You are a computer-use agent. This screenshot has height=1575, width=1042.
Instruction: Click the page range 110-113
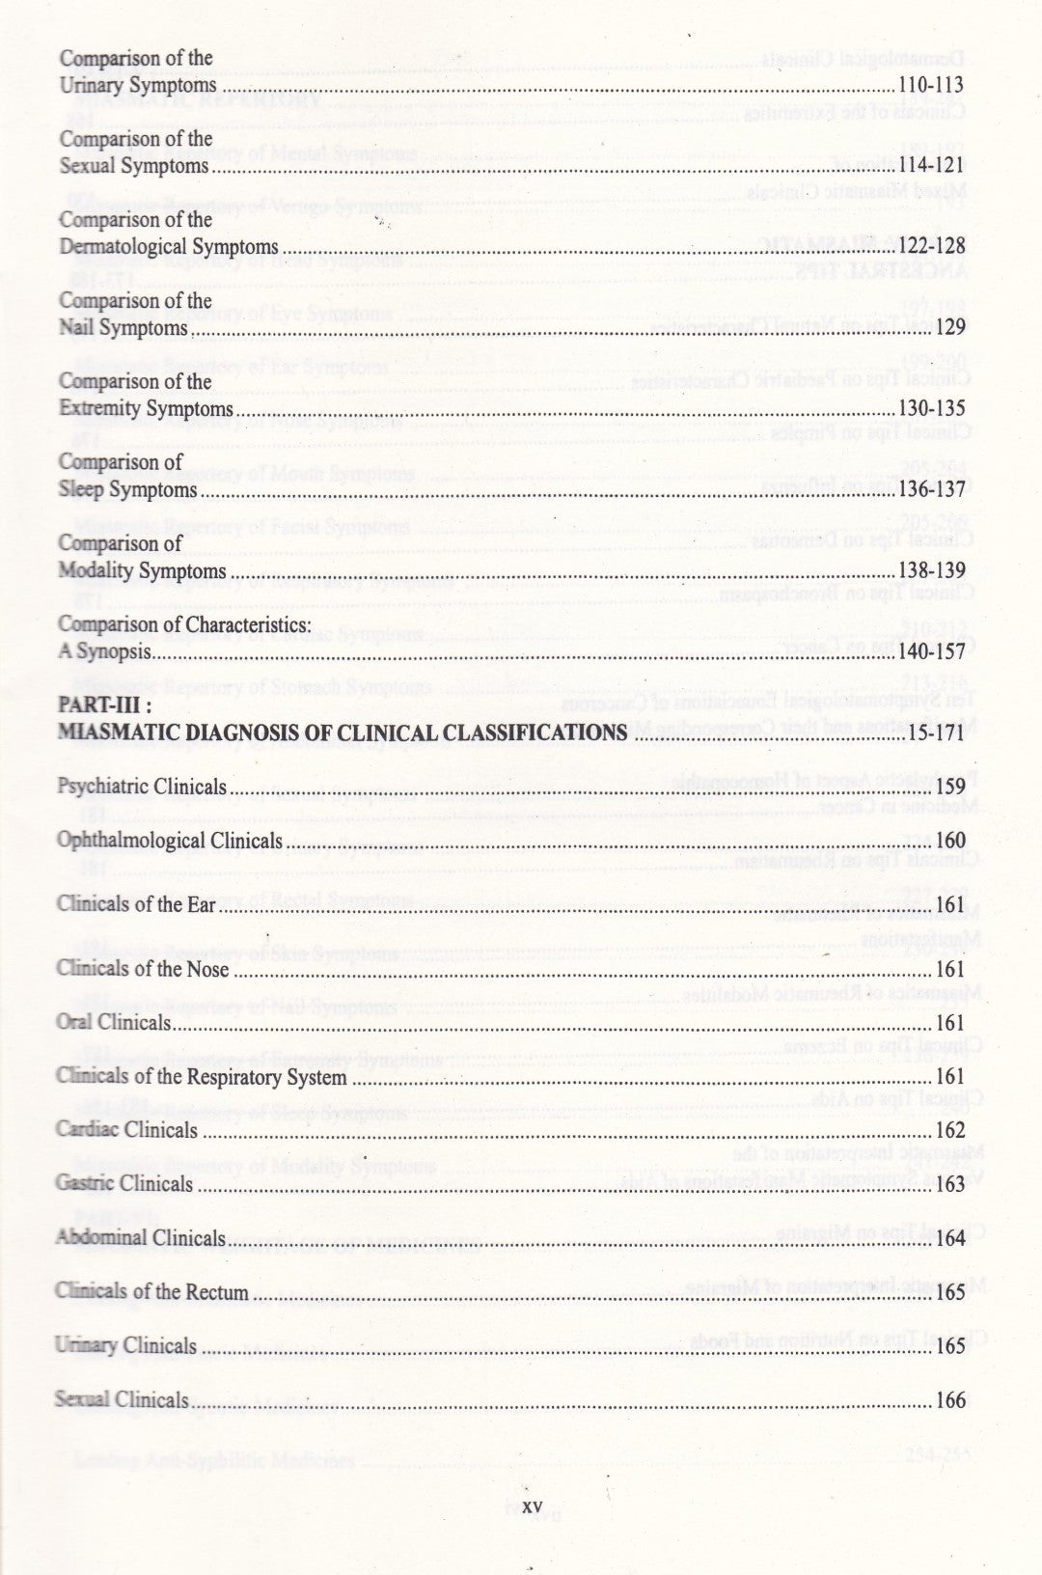(x=930, y=85)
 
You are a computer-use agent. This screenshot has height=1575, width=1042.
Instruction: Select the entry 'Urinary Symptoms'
(x=137, y=86)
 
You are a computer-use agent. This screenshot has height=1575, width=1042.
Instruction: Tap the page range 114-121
(x=930, y=166)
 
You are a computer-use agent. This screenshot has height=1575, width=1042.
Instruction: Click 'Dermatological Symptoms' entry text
(x=168, y=247)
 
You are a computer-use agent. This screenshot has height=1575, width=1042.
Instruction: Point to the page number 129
(x=950, y=328)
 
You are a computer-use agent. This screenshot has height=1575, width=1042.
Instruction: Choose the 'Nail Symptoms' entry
(x=123, y=328)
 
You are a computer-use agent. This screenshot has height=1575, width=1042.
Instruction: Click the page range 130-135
(x=930, y=409)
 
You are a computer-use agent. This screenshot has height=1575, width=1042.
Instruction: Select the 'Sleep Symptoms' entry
(x=127, y=490)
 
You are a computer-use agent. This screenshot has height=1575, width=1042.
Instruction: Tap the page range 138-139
(x=930, y=571)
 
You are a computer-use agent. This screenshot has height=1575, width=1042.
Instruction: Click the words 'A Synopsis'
(x=104, y=652)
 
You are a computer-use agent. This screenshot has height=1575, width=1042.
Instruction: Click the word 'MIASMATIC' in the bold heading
(x=120, y=732)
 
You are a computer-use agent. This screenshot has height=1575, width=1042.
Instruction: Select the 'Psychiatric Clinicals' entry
(x=142, y=787)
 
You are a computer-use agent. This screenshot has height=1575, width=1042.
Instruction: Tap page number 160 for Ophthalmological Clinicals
(x=950, y=842)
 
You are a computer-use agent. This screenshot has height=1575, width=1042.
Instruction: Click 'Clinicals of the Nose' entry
(x=143, y=969)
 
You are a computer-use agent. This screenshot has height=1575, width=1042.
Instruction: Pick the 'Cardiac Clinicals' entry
(x=126, y=1130)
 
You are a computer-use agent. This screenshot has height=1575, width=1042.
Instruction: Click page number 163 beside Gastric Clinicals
(x=950, y=1184)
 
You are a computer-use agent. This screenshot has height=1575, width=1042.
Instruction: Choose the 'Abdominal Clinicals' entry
(x=140, y=1238)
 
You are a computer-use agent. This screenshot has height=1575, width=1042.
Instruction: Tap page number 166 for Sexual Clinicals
(x=950, y=1400)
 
